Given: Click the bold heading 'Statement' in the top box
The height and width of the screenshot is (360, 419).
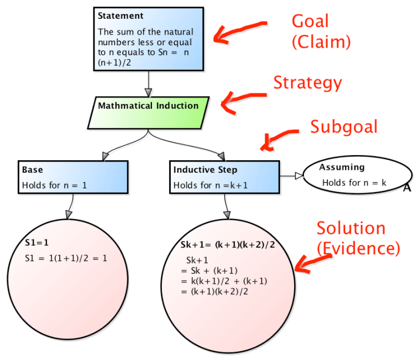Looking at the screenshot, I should (120, 16).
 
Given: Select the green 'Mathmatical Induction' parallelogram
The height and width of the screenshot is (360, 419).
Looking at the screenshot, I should (148, 106).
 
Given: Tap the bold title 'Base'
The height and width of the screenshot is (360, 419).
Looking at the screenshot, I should (32, 170).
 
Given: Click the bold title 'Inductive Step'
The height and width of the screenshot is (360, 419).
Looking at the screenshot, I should (205, 170).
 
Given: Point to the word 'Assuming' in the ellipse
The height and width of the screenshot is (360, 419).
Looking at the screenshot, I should (342, 167).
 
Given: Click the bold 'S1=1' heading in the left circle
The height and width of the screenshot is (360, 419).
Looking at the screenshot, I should (36, 241).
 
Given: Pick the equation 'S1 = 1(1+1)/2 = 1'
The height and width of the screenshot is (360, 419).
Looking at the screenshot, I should (66, 258).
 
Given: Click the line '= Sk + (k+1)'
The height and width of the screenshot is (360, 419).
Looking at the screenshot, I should (209, 270).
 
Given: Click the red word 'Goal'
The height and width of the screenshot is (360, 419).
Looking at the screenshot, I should (310, 21).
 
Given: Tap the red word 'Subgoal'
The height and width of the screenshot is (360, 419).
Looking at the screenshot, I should (344, 127).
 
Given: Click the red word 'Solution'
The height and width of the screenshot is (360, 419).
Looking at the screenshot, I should (351, 228).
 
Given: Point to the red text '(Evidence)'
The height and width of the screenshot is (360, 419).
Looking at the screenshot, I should (358, 248).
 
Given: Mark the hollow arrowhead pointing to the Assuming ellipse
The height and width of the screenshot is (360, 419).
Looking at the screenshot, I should (298, 175).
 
